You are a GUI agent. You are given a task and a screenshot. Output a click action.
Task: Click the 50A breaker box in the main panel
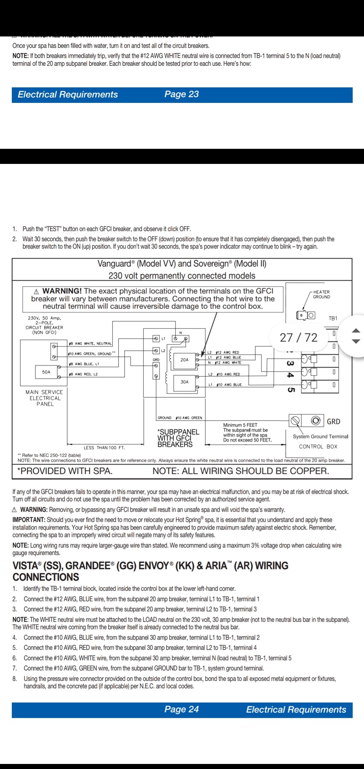click(x=46, y=372)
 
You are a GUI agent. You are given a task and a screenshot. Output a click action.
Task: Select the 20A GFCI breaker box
click(x=184, y=360)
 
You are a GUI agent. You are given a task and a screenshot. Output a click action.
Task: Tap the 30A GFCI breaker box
click(x=184, y=382)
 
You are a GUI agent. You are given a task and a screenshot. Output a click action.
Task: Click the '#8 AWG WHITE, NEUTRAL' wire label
click(x=90, y=343)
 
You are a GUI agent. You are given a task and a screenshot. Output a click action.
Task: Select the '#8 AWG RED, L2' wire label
click(x=83, y=374)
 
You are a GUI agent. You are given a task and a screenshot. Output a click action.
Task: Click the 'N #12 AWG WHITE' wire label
click(x=224, y=363)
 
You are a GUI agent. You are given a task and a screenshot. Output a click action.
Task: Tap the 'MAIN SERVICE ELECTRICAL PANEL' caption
click(x=44, y=398)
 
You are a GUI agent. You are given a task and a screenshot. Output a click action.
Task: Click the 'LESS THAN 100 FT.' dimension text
click(x=104, y=448)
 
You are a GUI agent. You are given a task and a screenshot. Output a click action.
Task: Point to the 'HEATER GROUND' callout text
click(x=322, y=294)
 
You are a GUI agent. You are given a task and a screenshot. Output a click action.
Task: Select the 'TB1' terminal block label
click(x=333, y=318)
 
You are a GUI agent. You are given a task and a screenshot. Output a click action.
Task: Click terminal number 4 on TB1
click(x=290, y=375)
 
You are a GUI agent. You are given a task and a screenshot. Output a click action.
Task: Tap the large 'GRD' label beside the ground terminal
click(x=333, y=422)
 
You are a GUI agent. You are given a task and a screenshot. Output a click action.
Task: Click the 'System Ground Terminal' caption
click(x=320, y=436)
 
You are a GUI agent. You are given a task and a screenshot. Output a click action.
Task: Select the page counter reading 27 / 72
click(x=299, y=337)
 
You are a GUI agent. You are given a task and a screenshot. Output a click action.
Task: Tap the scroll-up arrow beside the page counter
click(x=356, y=331)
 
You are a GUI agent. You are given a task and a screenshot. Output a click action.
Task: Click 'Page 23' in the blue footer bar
click(x=181, y=94)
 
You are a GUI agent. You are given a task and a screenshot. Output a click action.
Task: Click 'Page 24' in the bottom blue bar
click(x=181, y=709)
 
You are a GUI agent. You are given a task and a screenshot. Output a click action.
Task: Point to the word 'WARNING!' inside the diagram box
click(x=62, y=291)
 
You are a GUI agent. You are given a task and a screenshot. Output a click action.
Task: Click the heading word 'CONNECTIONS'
click(x=46, y=577)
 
